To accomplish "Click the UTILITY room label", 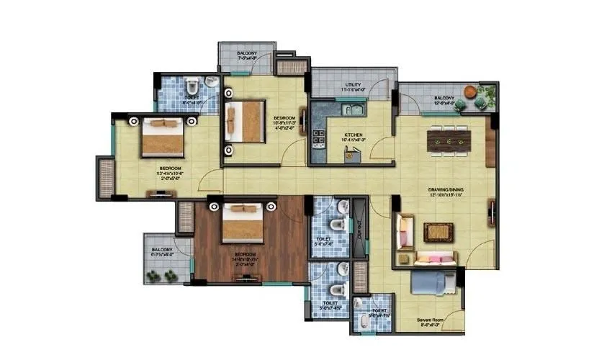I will pos(353,85).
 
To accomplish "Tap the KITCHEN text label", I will pos(353,135).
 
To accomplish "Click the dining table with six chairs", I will pos(449,142).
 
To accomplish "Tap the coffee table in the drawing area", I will pos(436,232).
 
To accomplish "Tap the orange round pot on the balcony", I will pos(470,91).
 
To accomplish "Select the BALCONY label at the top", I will pos(246,53).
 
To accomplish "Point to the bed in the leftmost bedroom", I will pos(163,137).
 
